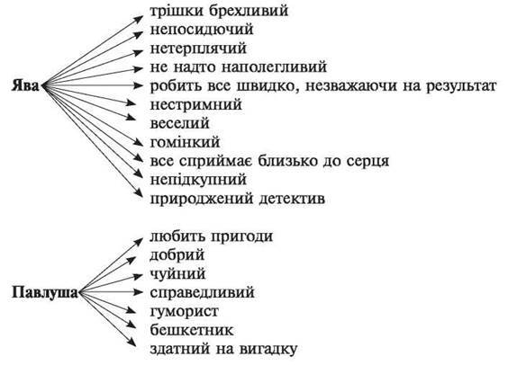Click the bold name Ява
tap(25, 86)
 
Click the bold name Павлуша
tap(45, 293)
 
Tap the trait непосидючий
tap(202, 30)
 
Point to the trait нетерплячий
tap(198, 49)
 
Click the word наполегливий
tap(274, 67)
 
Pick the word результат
tap(461, 86)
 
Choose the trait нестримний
tap(196, 105)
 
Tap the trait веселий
tap(180, 124)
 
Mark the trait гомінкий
tap(185, 143)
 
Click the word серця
tap(367, 161)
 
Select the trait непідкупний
tap(198, 180)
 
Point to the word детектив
tap(292, 199)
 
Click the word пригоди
tap(242, 236)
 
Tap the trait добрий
tap(177, 255)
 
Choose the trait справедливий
tap(202, 293)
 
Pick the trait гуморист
tap(185, 312)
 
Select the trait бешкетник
tap(192, 331)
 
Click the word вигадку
tap(268, 349)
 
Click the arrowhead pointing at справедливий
tap(138, 292)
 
